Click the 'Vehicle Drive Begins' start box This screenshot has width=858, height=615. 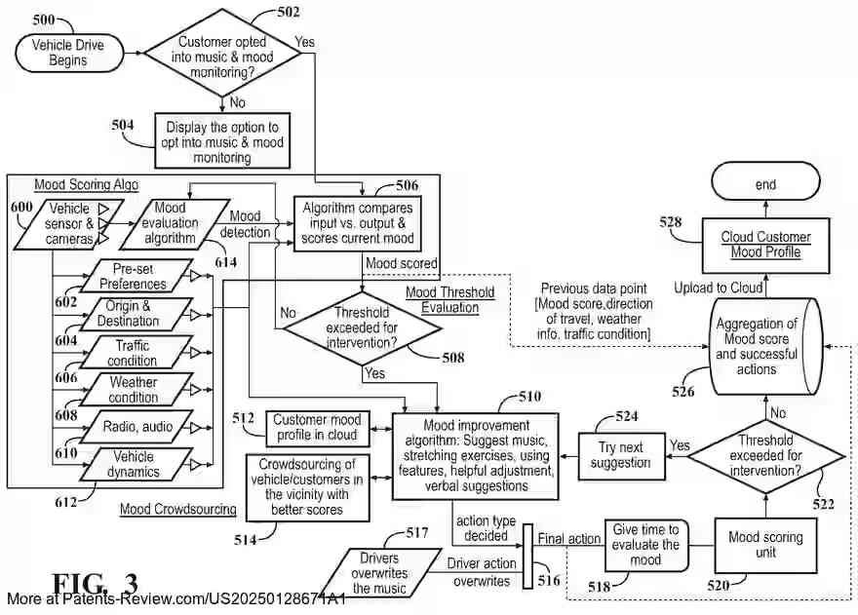click(68, 53)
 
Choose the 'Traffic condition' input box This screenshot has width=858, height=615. click(133, 352)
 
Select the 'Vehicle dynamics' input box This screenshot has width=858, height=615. click(133, 464)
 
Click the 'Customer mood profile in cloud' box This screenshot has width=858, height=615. click(315, 426)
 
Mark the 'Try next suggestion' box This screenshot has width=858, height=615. click(620, 455)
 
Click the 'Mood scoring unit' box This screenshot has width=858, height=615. click(765, 545)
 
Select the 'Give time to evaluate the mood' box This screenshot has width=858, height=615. click(645, 545)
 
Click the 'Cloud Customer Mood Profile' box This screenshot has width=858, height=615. click(765, 245)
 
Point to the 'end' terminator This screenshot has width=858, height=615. click(765, 184)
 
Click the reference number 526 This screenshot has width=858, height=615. click(683, 393)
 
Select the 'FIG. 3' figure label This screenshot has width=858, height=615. click(95, 584)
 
